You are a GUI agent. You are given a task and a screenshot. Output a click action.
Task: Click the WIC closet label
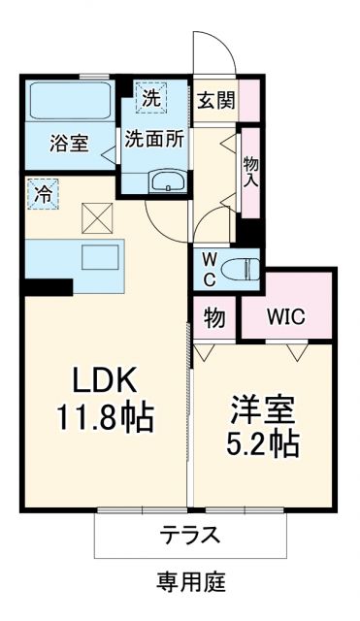(285, 317)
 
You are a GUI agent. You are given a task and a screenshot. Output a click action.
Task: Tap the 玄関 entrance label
(214, 101)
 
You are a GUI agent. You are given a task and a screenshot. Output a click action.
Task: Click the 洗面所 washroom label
(153, 138)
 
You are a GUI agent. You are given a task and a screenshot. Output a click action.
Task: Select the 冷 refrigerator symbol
(43, 192)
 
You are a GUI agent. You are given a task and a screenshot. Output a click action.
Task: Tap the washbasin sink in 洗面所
(167, 180)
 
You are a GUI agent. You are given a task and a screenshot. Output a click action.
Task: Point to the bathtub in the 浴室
(70, 101)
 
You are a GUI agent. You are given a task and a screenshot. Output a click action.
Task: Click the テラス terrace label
(190, 534)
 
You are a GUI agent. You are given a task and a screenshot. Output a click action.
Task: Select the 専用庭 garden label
(190, 582)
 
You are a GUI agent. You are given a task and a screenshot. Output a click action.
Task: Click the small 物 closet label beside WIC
(215, 317)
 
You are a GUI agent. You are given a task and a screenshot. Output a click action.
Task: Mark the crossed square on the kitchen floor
(97, 216)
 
